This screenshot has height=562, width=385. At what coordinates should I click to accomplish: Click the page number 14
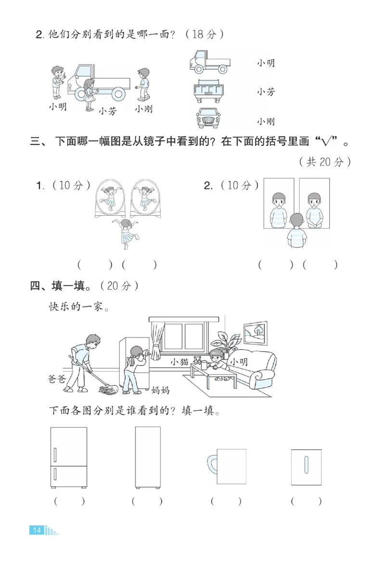pyautogui.click(x=37, y=530)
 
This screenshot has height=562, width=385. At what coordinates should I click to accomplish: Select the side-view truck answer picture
pyautogui.click(x=209, y=62)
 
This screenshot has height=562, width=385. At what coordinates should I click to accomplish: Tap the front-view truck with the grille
pyautogui.click(x=209, y=117)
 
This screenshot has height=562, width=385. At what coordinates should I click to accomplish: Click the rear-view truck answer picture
pyautogui.click(x=209, y=91)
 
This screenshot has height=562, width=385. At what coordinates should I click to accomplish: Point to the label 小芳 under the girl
pyautogui.click(x=108, y=111)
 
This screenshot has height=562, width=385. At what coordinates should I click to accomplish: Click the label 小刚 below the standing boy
pyautogui.click(x=143, y=109)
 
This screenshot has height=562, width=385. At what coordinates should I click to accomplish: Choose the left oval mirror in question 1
pyautogui.click(x=110, y=197)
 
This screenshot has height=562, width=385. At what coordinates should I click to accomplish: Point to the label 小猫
pyautogui.click(x=179, y=362)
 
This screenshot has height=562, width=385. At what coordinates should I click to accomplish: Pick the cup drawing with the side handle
pyautogui.click(x=227, y=467)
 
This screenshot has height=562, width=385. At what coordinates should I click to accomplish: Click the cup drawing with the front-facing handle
pyautogui.click(x=306, y=467)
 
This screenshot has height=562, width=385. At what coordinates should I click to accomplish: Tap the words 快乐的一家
pyautogui.click(x=76, y=307)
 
